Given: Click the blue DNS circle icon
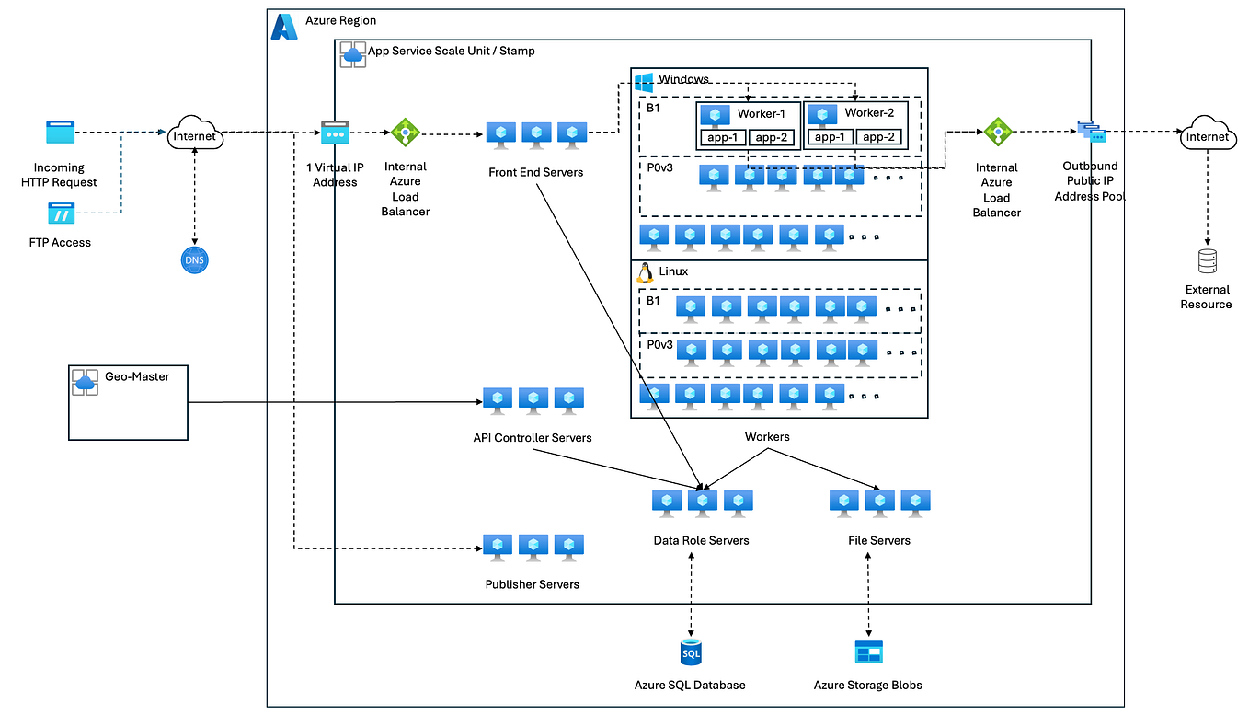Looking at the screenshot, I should pyautogui.click(x=195, y=260).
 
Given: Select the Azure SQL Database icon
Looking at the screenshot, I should pyautogui.click(x=690, y=652).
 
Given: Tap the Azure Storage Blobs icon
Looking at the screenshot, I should pyautogui.click(x=867, y=652).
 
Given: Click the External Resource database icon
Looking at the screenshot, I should pyautogui.click(x=1207, y=262).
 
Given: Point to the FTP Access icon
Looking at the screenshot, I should pyautogui.click(x=61, y=214).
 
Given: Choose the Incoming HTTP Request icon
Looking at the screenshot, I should pyautogui.click(x=60, y=133).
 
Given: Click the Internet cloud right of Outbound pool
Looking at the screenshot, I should pyautogui.click(x=1207, y=136).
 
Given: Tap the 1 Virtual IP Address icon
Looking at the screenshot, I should pyautogui.click(x=335, y=133).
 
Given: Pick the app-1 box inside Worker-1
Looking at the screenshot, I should pyautogui.click(x=722, y=137).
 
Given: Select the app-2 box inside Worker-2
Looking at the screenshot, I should pyautogui.click(x=877, y=137).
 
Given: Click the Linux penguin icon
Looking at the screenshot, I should pyautogui.click(x=645, y=271).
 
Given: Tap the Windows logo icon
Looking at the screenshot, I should pyautogui.click(x=644, y=81).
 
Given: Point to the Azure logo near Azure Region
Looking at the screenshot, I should pyautogui.click(x=284, y=27).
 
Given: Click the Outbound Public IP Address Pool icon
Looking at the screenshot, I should pyautogui.click(x=1090, y=132).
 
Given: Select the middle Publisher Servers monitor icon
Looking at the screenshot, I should pyautogui.click(x=533, y=546).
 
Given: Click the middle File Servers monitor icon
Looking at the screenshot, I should pyautogui.click(x=879, y=502).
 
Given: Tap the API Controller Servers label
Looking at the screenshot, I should pyautogui.click(x=532, y=437).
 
